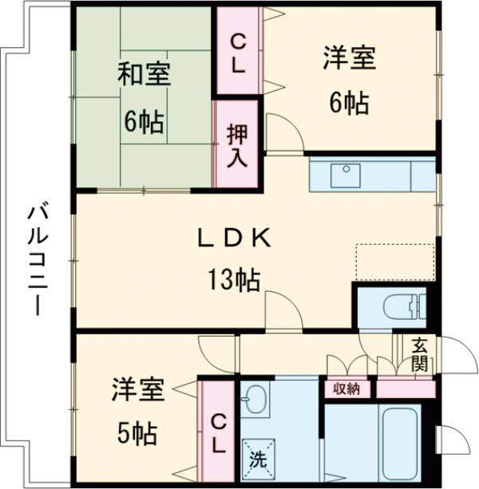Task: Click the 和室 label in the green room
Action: [145, 76]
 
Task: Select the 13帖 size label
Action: [234, 280]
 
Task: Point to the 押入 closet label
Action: [236, 144]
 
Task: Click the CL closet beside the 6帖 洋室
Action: [238, 52]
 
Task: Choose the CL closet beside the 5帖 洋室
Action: [217, 432]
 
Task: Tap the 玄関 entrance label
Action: [419, 355]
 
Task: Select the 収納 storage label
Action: [346, 388]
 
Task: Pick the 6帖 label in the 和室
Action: [144, 122]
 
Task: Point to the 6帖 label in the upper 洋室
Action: [350, 103]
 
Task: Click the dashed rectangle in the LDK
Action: [394, 262]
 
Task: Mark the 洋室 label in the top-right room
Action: [350, 58]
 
